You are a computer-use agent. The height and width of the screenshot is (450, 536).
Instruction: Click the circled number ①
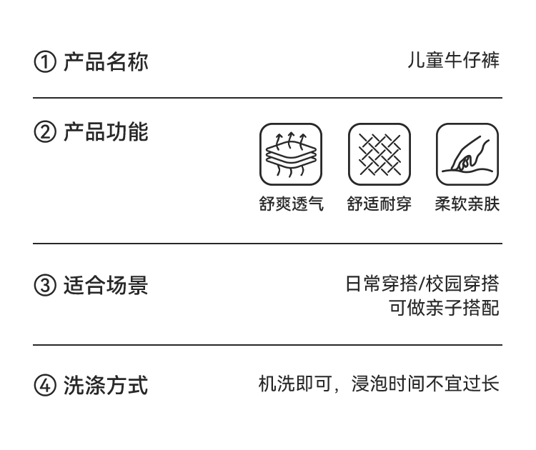pyautogui.click(x=45, y=62)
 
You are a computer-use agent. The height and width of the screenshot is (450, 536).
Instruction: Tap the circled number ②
pyautogui.click(x=45, y=132)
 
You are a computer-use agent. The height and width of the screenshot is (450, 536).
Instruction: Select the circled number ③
pyautogui.click(x=45, y=285)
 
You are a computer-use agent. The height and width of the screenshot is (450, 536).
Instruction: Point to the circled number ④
pyautogui.click(x=45, y=386)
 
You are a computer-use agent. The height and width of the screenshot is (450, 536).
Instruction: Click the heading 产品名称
pyautogui.click(x=106, y=62)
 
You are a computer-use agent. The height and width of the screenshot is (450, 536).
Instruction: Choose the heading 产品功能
pyautogui.click(x=106, y=132)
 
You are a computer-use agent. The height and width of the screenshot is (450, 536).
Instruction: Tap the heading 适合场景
pyautogui.click(x=106, y=285)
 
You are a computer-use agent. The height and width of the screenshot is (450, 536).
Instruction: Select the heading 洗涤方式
pyautogui.click(x=106, y=386)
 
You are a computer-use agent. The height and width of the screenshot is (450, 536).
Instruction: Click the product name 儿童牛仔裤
pyautogui.click(x=453, y=61)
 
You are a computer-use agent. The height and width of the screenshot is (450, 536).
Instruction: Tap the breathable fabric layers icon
pyautogui.click(x=291, y=154)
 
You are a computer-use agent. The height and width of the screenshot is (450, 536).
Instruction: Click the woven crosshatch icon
pyautogui.click(x=379, y=154)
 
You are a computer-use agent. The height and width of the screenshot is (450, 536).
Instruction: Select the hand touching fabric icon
pyautogui.click(x=467, y=154)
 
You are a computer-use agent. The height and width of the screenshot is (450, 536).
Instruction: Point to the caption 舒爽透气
pyautogui.click(x=292, y=204)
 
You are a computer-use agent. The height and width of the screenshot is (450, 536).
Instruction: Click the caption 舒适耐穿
pyautogui.click(x=379, y=204)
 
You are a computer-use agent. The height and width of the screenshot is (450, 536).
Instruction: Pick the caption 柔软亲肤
pyautogui.click(x=467, y=204)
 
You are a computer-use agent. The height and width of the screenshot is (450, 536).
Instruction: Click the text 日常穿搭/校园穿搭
pyautogui.click(x=422, y=284)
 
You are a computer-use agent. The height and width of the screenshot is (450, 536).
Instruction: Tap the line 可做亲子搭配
pyautogui.click(x=445, y=308)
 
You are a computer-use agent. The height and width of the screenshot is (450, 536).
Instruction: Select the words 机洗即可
pyautogui.click(x=295, y=384)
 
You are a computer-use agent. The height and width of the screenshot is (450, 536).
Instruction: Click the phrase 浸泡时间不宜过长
pyautogui.click(x=425, y=384)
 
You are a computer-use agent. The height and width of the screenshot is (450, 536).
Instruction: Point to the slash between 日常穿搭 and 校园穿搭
pyautogui.click(x=422, y=284)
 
